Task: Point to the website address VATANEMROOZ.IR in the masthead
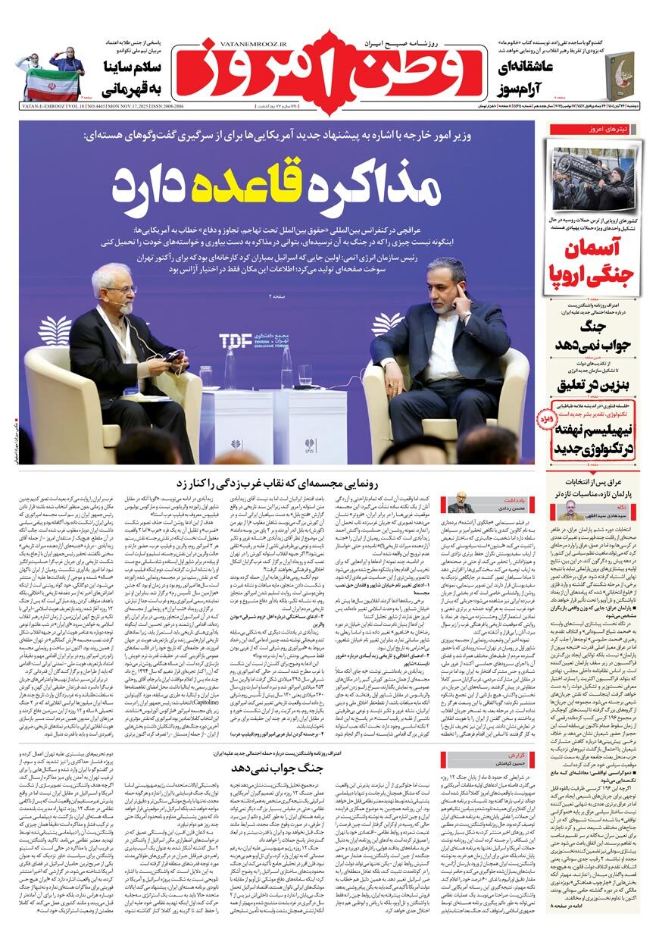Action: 233,45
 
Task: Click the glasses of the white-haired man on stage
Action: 121,289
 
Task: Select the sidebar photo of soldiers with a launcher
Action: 594,180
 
